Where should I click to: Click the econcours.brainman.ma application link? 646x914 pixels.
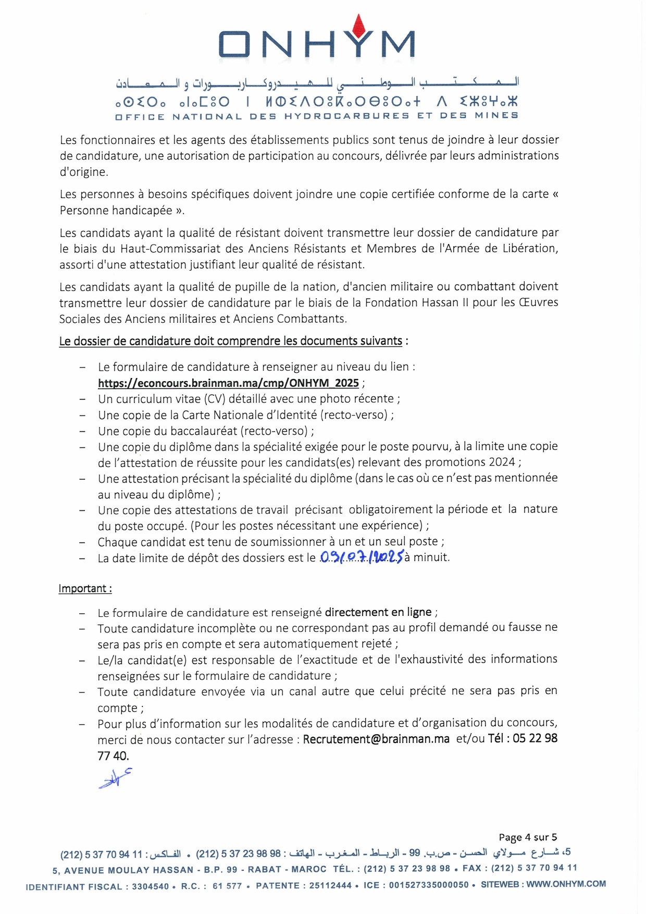228,383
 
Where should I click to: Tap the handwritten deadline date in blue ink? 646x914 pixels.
361,557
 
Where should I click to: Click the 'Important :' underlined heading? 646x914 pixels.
85,589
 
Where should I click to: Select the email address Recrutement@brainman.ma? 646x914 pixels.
376,739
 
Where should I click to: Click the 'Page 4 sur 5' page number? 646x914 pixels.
527,837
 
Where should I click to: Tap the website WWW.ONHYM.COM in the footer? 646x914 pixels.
566,884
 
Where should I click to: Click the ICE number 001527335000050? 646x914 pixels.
429,885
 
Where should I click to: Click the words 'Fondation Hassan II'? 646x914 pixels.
416,302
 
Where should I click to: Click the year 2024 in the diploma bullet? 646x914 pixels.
502,462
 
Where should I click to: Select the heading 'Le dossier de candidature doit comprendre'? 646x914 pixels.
230,341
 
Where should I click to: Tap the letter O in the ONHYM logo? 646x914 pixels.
234,44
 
